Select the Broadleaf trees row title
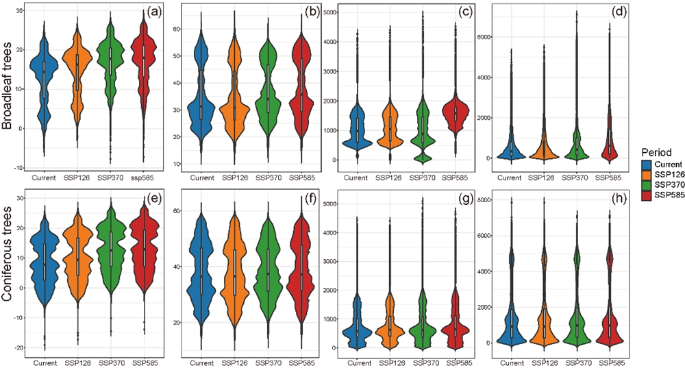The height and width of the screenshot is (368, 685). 10,88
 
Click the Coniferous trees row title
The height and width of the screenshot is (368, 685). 10,268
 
